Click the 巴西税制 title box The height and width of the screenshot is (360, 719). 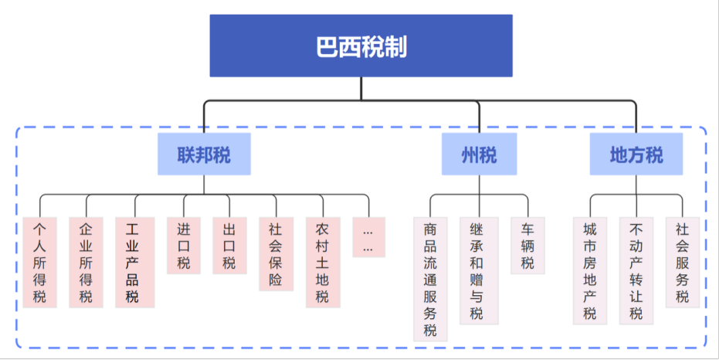click(x=361, y=46)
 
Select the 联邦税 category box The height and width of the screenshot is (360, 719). click(x=204, y=155)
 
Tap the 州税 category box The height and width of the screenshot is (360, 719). click(x=479, y=155)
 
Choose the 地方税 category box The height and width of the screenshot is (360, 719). click(x=636, y=155)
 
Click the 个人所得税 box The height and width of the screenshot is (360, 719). click(x=40, y=263)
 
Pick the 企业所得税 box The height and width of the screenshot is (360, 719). click(x=86, y=263)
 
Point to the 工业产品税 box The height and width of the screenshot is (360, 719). click(x=134, y=263)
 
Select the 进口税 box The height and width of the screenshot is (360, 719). click(x=183, y=246)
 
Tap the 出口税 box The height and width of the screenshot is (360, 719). click(x=229, y=246)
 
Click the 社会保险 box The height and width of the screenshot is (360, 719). click(x=276, y=254)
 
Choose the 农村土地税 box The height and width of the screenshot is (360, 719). click(x=323, y=263)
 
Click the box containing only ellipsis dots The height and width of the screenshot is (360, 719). click(x=368, y=237)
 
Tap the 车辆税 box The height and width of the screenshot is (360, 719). click(x=527, y=246)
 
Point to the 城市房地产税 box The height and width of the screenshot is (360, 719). click(x=590, y=271)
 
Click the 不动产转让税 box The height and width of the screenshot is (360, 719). click(x=636, y=271)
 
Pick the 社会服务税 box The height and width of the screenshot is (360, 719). click(x=683, y=263)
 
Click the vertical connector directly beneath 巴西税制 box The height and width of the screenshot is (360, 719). click(x=361, y=88)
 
